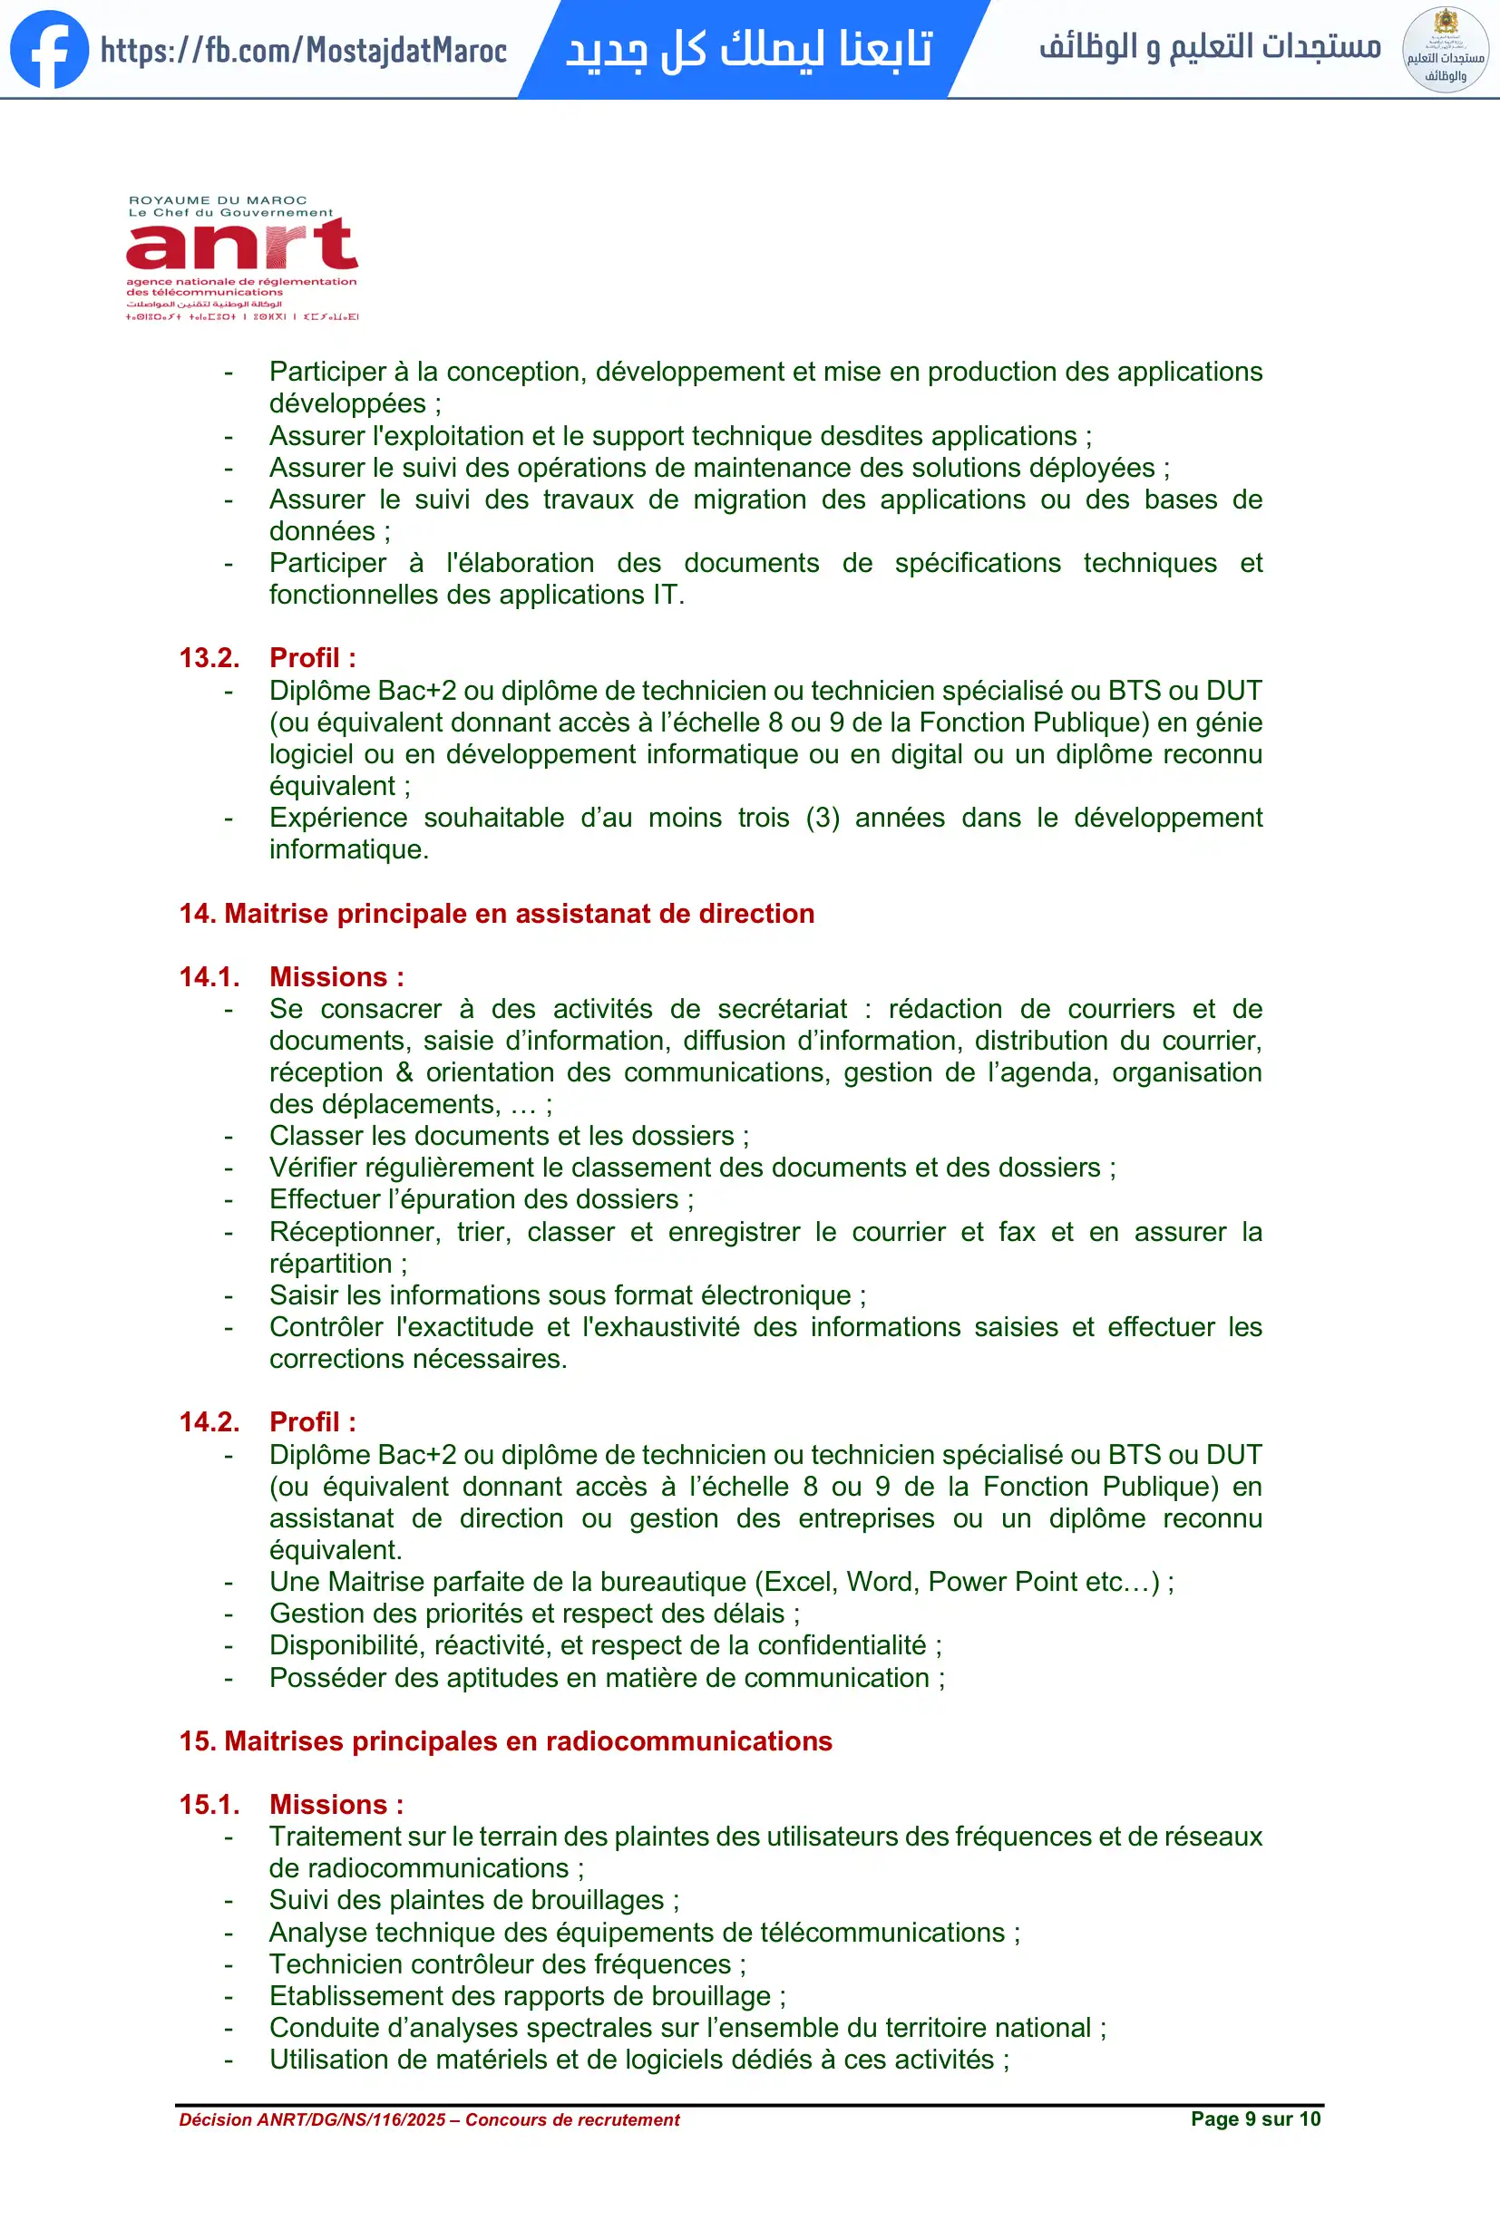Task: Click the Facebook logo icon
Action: (49, 50)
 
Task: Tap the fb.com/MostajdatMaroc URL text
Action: (304, 50)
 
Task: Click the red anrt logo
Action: (242, 245)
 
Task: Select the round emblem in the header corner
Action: (1445, 50)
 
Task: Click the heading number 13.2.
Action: (209, 658)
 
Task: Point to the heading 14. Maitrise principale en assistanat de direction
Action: (497, 914)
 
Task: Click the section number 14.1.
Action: (209, 977)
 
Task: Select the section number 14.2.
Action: (209, 1422)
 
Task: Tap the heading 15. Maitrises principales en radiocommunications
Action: (505, 1741)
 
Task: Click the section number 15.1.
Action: (209, 1805)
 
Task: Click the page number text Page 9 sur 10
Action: (1254, 2118)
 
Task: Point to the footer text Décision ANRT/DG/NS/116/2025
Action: (312, 2119)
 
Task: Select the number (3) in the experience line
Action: (822, 818)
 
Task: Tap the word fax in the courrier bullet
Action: (1017, 1232)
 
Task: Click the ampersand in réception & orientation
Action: (404, 1072)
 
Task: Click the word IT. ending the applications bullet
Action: (667, 596)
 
